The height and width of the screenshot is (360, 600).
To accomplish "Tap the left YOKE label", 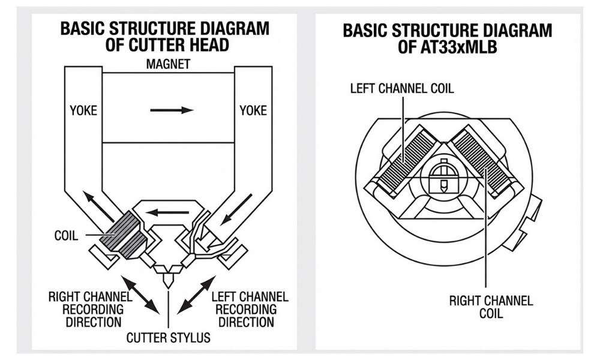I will click(83, 110).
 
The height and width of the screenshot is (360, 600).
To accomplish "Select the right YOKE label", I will click(253, 110).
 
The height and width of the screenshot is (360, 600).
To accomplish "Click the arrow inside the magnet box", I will click(172, 110).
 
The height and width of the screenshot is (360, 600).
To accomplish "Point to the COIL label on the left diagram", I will click(65, 235).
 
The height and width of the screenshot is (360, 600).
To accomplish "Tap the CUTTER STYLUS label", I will click(168, 337).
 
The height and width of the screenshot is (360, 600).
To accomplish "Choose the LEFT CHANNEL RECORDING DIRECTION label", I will click(250, 308).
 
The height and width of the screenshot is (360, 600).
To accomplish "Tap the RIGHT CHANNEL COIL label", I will click(491, 307).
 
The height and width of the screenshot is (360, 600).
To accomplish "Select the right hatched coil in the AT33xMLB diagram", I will click(482, 159).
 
